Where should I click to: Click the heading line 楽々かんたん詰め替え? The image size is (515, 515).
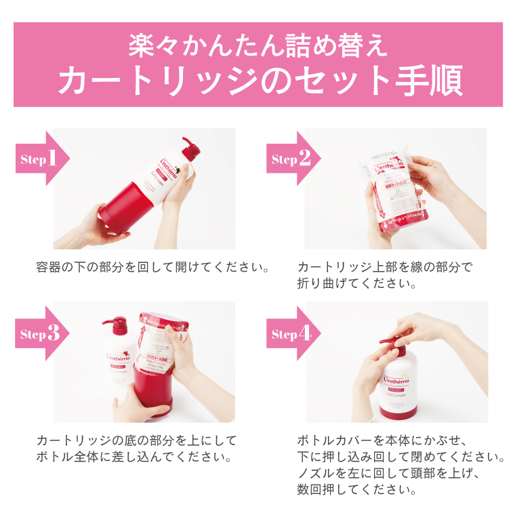pos(258,45)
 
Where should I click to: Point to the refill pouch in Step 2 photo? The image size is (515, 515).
pos(394,190)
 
